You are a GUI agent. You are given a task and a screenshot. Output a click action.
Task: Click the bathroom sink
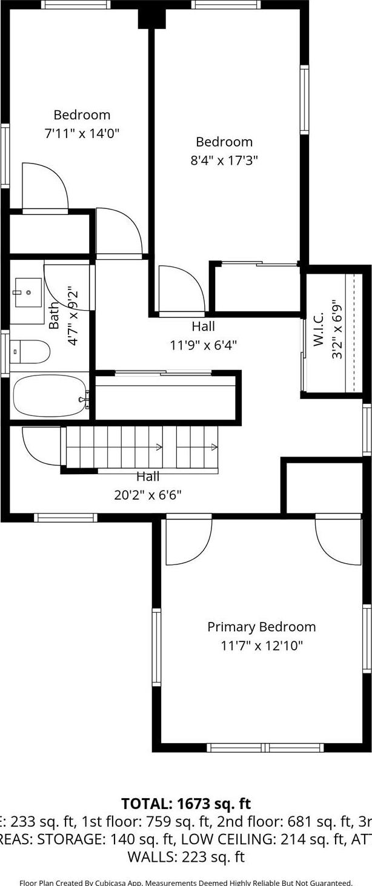pos(28,293)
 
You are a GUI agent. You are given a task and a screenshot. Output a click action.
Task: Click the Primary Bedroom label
pos(261,627)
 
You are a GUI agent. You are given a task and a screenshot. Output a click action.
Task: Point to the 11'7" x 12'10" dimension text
pos(261,646)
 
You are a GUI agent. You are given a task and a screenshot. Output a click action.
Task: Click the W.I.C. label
pos(319,329)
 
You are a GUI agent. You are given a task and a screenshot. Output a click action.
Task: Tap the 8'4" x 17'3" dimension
pos(224,160)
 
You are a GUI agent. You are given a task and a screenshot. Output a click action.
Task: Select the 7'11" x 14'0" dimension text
pos(82,133)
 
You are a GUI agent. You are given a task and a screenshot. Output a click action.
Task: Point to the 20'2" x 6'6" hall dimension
pos(148,495)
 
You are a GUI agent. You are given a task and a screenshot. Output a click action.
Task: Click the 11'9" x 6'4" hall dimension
pos(203,345)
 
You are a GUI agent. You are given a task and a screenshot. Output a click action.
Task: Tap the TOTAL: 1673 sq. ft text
pos(186,804)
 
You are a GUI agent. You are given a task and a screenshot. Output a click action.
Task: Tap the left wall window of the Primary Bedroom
pos(156,647)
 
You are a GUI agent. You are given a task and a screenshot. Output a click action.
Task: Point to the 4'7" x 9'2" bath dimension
pos(73,316)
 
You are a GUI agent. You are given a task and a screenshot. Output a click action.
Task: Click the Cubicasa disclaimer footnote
pos(186,882)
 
